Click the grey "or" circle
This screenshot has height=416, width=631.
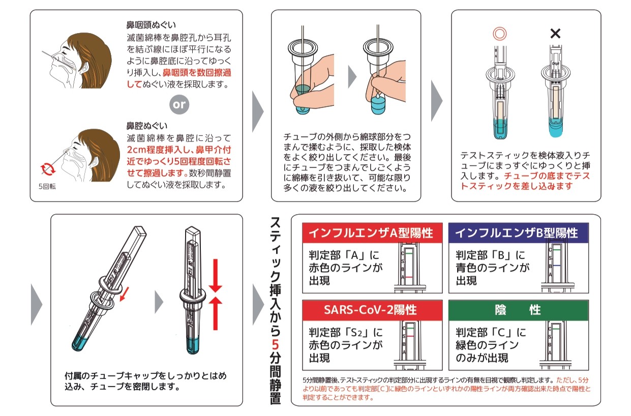(179, 105)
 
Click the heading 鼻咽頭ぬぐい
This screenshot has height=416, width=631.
(151, 25)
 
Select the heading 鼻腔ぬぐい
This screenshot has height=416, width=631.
(147, 126)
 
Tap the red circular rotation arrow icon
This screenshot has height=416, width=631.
(48, 169)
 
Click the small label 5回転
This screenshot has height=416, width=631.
(47, 187)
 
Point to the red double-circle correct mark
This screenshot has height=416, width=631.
(500, 34)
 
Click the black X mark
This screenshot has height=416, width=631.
(555, 34)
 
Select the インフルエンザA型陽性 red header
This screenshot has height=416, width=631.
(372, 233)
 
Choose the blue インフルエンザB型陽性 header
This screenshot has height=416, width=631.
(518, 233)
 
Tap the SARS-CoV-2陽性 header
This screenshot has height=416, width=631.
(372, 310)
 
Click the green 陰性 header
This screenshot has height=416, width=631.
(518, 310)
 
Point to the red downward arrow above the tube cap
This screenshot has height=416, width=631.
(216, 276)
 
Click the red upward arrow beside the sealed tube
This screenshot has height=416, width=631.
(216, 313)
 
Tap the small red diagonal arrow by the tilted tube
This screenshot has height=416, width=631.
(125, 293)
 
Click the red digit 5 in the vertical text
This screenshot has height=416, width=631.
(275, 345)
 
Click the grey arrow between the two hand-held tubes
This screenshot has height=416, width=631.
(352, 77)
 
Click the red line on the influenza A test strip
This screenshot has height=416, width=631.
(409, 277)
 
